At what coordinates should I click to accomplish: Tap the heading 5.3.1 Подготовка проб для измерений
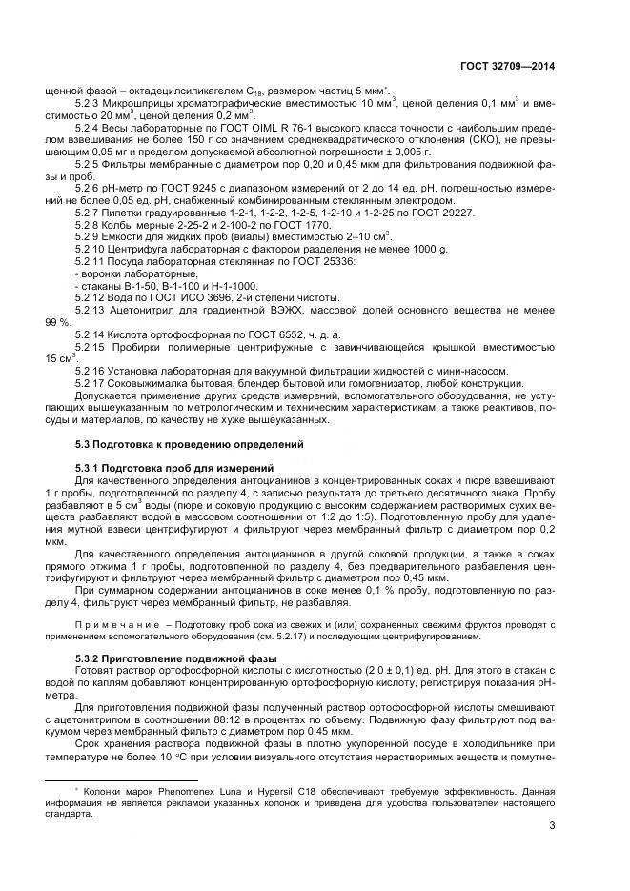(173, 467)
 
